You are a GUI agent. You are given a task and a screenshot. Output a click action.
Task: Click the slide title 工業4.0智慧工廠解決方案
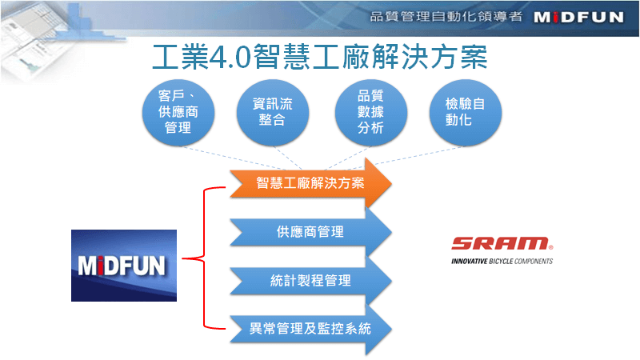pos(319,57)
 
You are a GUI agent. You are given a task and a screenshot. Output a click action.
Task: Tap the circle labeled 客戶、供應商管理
pos(178,112)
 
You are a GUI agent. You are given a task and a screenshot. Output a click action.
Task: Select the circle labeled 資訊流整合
pos(273,112)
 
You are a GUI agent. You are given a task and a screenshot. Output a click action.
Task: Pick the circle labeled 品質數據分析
pos(371,112)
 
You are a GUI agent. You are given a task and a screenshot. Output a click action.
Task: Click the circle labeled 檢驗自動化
pos(466,112)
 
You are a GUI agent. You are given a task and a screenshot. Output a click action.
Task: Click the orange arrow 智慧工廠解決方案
pos(310,183)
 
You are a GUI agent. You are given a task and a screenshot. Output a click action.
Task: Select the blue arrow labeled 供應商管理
pos(310,232)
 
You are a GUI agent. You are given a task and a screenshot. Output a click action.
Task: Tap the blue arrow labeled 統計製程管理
pos(310,281)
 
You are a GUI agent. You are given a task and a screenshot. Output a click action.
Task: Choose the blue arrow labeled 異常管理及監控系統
pos(310,329)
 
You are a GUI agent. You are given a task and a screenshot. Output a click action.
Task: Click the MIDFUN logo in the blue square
pos(124,266)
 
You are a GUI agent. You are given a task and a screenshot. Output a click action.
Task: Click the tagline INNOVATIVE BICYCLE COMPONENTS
pos(502,262)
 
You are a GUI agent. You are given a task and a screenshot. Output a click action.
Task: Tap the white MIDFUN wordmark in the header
pos(578,17)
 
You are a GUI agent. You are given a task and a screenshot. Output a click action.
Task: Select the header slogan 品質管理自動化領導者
pos(446,16)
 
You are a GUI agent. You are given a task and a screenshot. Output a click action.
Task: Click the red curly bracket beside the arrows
pos(204,258)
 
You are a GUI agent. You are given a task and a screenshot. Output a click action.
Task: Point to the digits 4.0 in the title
pos(230,57)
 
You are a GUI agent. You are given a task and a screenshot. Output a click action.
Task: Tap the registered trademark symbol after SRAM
pos(550,247)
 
